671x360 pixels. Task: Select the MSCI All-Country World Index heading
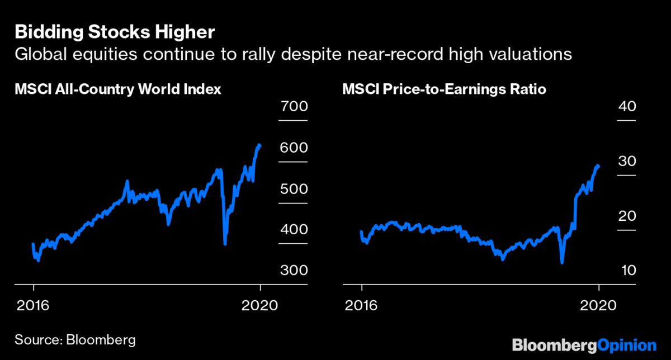(118, 89)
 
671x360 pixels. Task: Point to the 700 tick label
(293, 106)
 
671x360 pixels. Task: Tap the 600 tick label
(293, 147)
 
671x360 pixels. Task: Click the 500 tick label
(293, 188)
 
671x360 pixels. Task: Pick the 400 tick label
(293, 229)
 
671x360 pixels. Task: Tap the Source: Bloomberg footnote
(75, 339)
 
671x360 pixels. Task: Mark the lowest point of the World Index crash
(225, 243)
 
